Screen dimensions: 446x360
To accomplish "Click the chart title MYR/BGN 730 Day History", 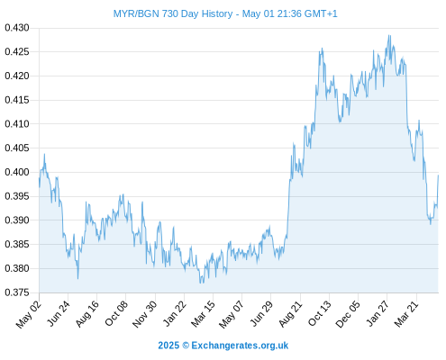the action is [173, 13].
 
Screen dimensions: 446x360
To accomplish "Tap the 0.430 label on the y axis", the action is [17, 28].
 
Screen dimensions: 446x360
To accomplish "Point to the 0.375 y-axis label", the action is [17, 292].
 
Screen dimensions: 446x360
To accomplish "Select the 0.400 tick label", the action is [17, 172].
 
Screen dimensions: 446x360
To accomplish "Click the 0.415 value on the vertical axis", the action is [17, 100].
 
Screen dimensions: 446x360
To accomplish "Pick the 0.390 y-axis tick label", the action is [17, 220].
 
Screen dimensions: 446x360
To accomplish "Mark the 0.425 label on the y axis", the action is [17, 52].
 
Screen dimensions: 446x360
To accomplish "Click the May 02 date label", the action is [29, 314].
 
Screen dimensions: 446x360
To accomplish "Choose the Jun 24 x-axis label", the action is [59, 313].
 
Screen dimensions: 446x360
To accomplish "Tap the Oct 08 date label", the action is [116, 313].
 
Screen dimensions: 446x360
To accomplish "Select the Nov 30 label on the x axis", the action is [144, 314].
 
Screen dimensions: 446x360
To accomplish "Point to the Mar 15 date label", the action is [204, 314].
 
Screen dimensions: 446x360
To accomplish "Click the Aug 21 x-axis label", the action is [290, 314].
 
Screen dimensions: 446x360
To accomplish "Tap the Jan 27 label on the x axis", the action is [378, 313].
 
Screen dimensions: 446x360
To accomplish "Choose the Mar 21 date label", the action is [406, 314].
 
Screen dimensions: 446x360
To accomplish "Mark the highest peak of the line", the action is [389, 35].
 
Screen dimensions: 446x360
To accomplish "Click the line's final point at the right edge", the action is [438, 175].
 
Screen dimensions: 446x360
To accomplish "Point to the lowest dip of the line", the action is [200, 283].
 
